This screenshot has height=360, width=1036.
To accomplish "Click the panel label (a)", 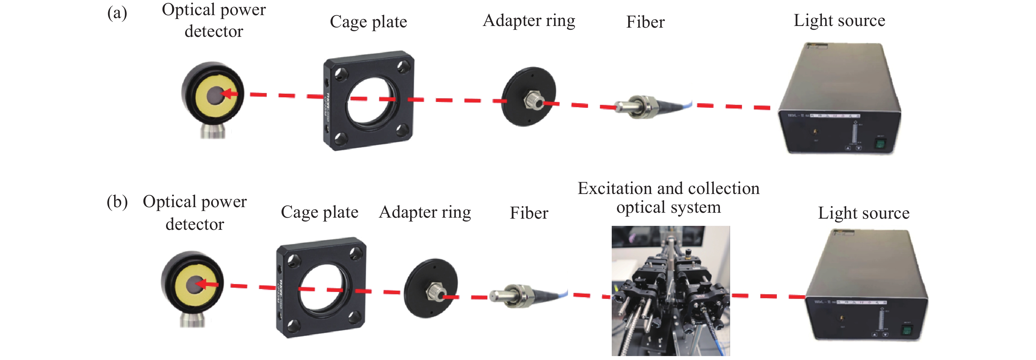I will (x=117, y=13).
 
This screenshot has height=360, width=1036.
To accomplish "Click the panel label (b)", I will (x=117, y=202).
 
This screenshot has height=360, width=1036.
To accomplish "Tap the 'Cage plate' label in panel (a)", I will (x=368, y=22).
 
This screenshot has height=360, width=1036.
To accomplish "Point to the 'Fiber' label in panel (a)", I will (x=645, y=22).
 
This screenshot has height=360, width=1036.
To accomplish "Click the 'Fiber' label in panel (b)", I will (x=529, y=213).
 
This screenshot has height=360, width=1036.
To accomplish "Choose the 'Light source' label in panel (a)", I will (x=839, y=20).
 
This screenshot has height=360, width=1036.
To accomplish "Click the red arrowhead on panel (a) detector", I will (x=227, y=94).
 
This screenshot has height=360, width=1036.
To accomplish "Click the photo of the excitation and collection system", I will (x=670, y=290).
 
